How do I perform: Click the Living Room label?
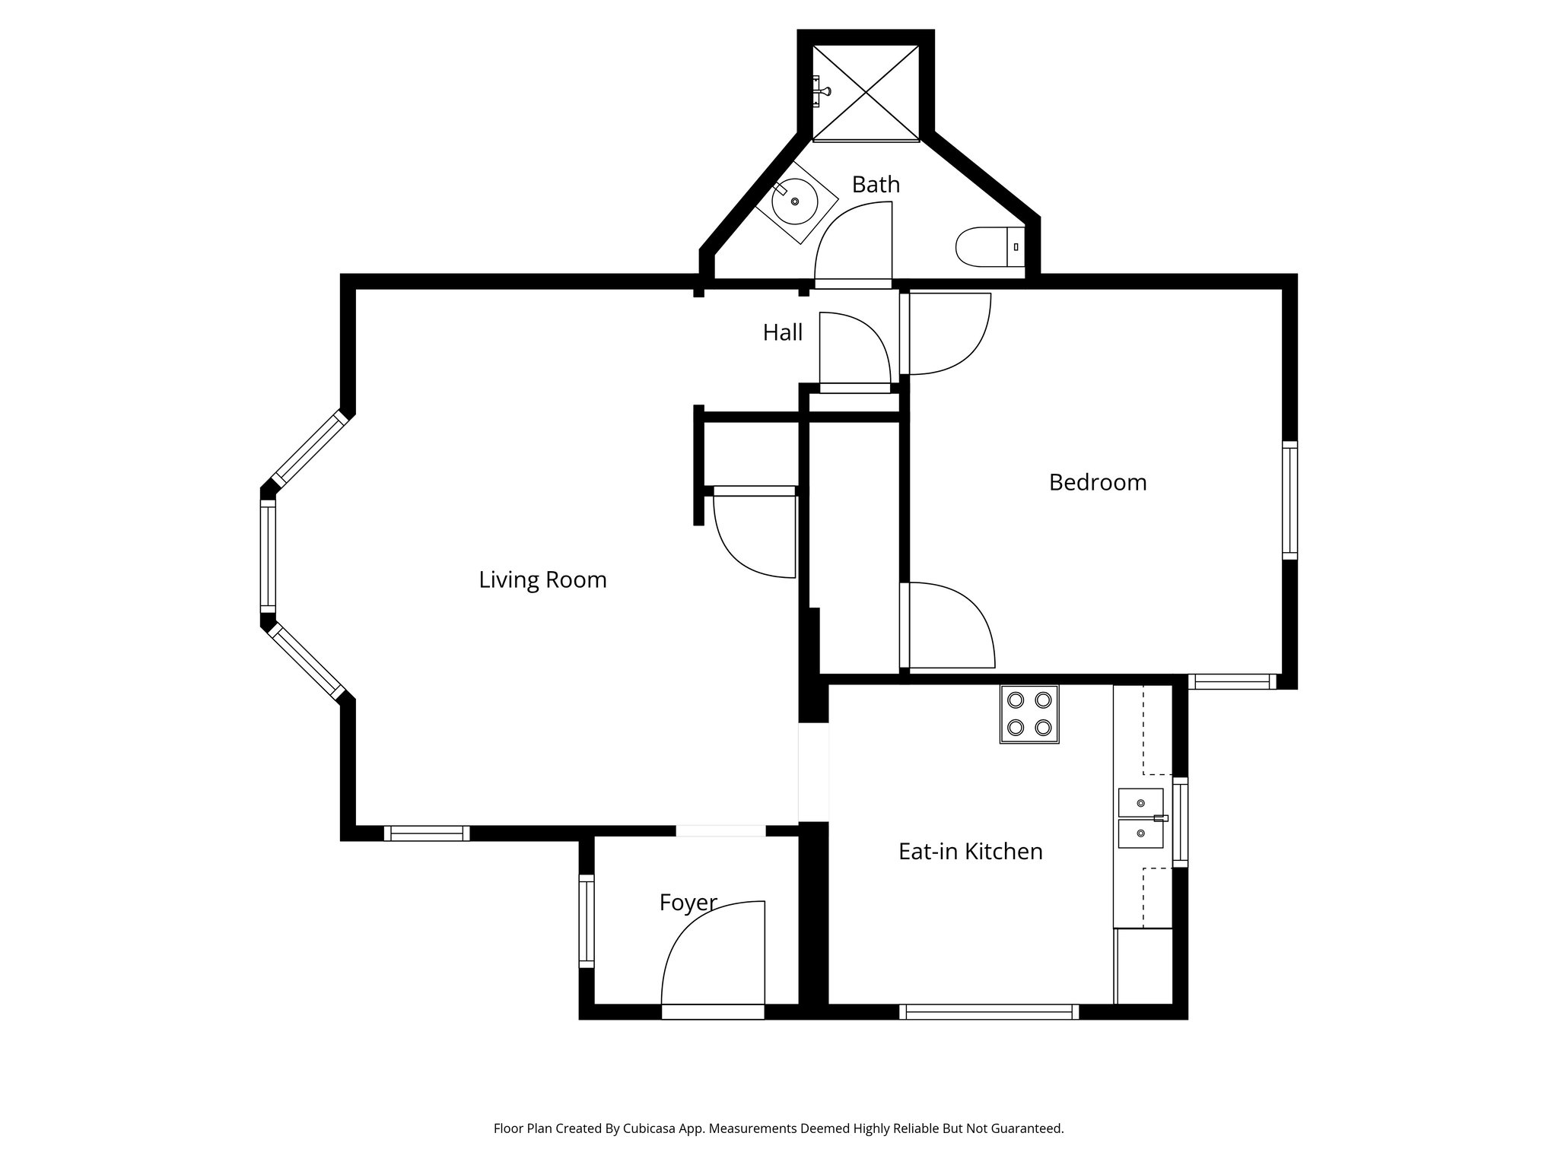click(x=542, y=580)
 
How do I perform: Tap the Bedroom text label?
click(x=1097, y=483)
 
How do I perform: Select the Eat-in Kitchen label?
click(x=970, y=852)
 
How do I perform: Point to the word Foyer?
click(x=688, y=903)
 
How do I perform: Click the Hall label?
click(x=783, y=333)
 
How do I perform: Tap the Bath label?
click(x=876, y=185)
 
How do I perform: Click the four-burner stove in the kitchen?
click(x=1029, y=715)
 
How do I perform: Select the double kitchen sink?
click(x=1140, y=818)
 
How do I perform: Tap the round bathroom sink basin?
click(x=795, y=202)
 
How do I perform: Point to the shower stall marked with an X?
click(x=866, y=93)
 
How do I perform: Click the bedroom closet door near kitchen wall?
click(x=947, y=625)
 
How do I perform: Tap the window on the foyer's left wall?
click(x=586, y=921)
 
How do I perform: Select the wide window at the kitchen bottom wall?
click(x=989, y=1011)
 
